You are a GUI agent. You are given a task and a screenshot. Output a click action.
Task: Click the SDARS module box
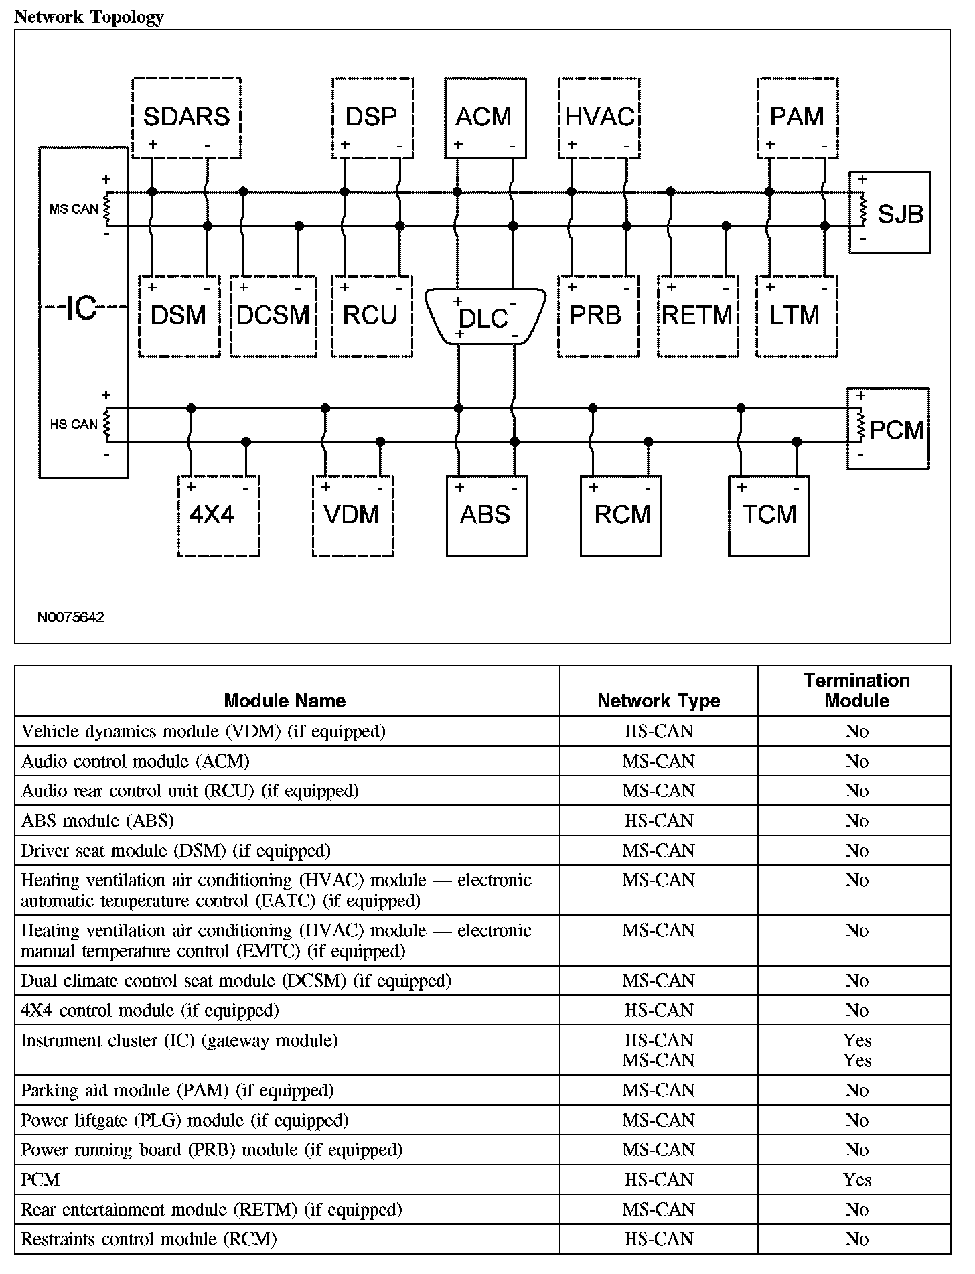tap(186, 117)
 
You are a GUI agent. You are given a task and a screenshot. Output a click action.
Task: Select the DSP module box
tap(372, 117)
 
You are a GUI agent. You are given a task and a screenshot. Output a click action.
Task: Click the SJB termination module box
tap(890, 213)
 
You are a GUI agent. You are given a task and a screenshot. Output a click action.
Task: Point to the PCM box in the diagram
tap(889, 429)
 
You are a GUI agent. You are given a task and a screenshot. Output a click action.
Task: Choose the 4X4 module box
tap(218, 515)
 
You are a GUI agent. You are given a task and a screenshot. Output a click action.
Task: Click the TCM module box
tap(769, 515)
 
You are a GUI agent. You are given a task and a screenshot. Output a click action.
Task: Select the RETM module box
tap(697, 315)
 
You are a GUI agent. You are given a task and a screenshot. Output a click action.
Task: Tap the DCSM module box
tap(273, 315)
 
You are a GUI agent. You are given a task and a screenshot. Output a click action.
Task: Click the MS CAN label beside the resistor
tap(74, 209)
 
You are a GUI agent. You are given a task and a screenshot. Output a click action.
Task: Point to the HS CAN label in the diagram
tap(74, 424)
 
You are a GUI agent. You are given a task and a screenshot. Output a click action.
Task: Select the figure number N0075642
tap(71, 617)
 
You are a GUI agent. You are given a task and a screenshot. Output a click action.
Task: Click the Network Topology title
tap(88, 17)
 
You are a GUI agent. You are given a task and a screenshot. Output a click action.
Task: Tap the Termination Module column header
tap(856, 691)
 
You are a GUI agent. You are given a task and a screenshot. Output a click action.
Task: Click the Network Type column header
tap(658, 701)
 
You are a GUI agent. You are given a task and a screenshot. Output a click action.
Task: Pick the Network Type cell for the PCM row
tap(658, 1180)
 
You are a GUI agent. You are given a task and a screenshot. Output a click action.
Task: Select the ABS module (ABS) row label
tap(98, 821)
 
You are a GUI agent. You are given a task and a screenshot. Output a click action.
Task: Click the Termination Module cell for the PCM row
tap(856, 1180)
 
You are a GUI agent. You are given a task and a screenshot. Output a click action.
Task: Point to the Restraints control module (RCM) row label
tap(149, 1239)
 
